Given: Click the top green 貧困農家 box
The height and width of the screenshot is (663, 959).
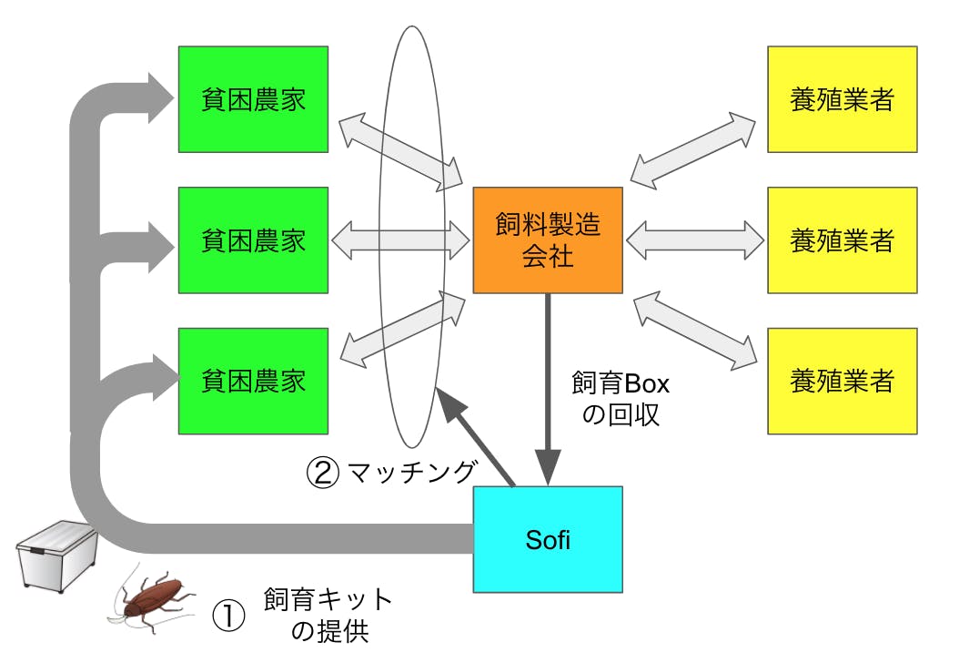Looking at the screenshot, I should click(x=253, y=99).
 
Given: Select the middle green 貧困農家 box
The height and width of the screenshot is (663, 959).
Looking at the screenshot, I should click(x=253, y=240).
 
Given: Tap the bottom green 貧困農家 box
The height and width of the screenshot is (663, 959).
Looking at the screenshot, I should click(x=253, y=381).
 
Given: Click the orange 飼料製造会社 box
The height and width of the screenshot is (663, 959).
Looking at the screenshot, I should click(x=548, y=240).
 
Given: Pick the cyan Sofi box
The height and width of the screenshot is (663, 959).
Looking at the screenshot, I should click(x=548, y=539).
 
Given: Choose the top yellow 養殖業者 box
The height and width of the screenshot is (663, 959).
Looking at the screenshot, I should click(x=842, y=99).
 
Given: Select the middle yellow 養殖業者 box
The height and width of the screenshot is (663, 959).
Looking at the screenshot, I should click(x=842, y=240).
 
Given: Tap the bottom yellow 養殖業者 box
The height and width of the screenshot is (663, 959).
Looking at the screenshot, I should click(x=842, y=381).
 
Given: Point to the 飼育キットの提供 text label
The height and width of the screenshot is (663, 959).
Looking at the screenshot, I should click(x=328, y=615).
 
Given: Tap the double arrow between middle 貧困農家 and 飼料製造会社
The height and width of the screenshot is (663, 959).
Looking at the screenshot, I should click(x=400, y=240).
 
